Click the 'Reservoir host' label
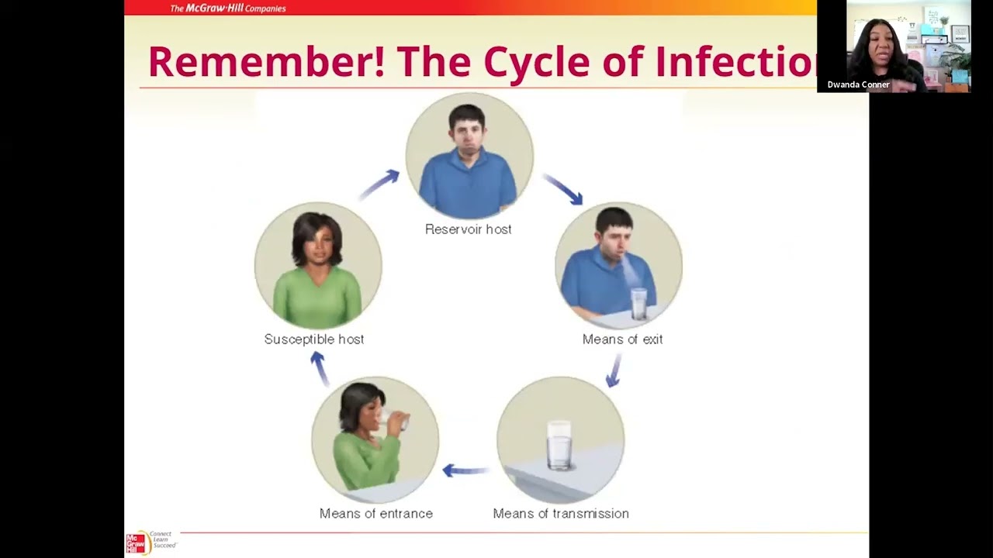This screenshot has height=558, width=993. [468, 229]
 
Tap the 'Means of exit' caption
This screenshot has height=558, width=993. [622, 339]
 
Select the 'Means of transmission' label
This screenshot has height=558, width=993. [560, 514]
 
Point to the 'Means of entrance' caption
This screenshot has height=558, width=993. [375, 514]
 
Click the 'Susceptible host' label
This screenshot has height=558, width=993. [313, 339]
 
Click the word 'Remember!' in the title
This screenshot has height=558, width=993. [265, 62]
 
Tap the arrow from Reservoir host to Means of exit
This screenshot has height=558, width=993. [563, 189]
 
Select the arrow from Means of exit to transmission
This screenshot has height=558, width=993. [614, 370]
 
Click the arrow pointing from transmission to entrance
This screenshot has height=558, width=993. [465, 470]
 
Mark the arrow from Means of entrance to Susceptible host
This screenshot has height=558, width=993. [320, 368]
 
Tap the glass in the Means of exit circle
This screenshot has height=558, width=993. [638, 302]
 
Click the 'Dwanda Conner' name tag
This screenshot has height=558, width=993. [858, 84]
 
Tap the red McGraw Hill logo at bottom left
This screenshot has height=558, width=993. [136, 543]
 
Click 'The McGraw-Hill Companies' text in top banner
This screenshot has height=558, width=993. [228, 9]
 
